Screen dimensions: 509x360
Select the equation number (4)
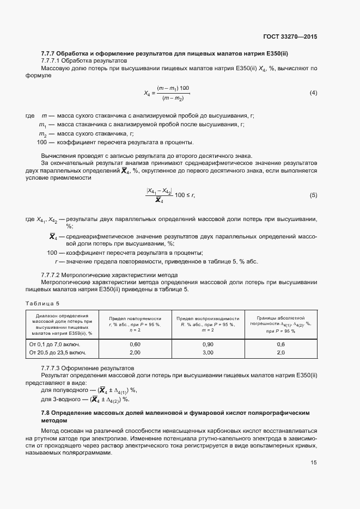313,93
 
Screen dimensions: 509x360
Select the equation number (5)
313,195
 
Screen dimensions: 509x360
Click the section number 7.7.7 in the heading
50,53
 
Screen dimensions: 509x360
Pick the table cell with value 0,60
135,345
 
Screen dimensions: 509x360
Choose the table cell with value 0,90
208,345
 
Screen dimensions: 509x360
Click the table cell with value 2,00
135,353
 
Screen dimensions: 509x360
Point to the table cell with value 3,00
208,353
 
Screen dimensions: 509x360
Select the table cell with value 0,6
280,345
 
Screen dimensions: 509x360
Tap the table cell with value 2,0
280,353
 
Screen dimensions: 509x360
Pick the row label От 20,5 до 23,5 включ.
58,353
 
